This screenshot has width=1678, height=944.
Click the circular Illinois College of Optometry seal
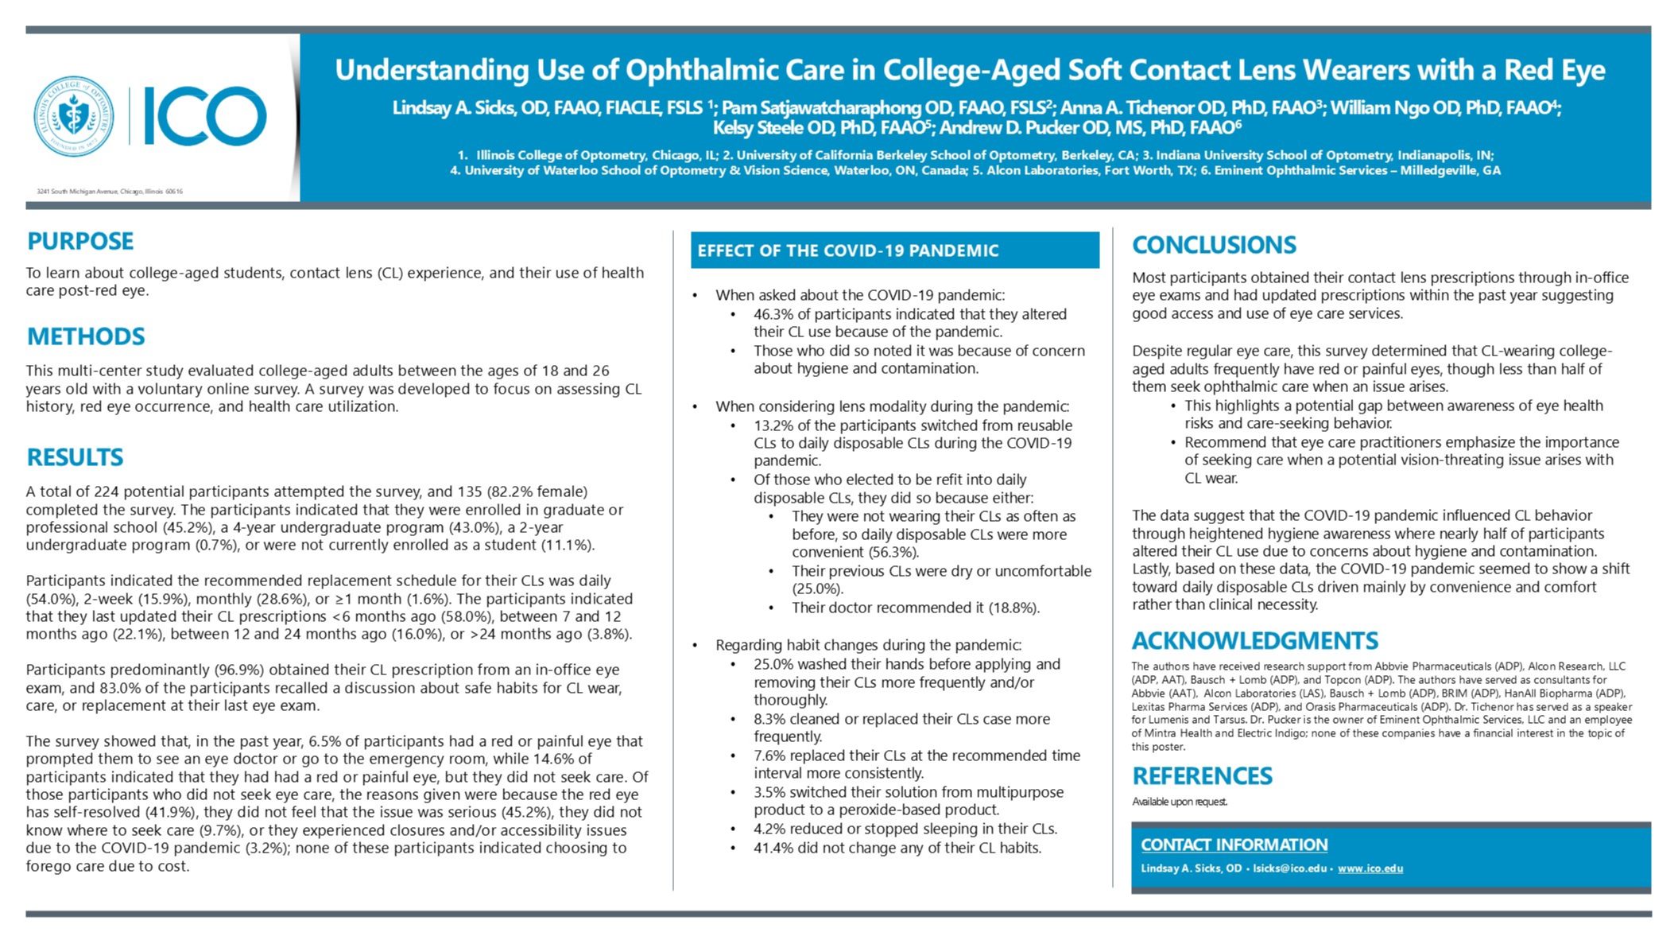tap(74, 116)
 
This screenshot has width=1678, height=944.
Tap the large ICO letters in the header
tap(204, 116)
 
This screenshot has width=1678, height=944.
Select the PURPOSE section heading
tap(80, 241)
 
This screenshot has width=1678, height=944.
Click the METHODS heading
tap(86, 336)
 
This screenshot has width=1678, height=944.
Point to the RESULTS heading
tap(75, 457)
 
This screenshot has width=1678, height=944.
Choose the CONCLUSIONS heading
tap(1214, 245)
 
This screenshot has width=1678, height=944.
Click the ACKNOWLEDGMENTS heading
tap(1254, 641)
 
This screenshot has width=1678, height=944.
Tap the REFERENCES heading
tap(1202, 776)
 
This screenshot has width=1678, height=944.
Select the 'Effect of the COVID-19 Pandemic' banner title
tap(847, 251)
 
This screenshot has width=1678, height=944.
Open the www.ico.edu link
tap(1370, 868)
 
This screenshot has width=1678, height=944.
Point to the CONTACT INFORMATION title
tap(1234, 845)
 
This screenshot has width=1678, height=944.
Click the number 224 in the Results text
tap(107, 491)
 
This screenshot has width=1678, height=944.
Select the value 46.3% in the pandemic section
tap(773, 314)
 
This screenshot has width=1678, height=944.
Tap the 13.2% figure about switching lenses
tap(773, 425)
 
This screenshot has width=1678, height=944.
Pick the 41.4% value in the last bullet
tap(773, 848)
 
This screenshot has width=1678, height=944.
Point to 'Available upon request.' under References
tap(1180, 802)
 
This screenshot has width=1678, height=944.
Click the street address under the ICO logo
tap(110, 192)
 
